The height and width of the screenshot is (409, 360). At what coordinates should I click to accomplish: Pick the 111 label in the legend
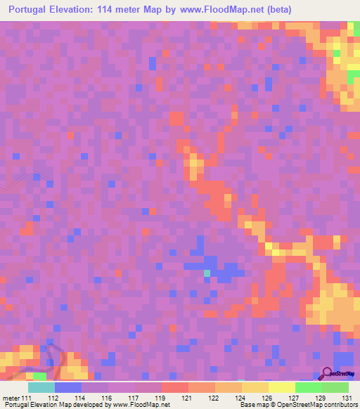[x=27, y=398]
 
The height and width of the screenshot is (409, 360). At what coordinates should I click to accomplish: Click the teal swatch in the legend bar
[x=41, y=387]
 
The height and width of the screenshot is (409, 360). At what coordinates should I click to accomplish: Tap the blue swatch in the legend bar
[x=67, y=387]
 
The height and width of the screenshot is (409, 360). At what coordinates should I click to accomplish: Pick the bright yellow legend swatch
[x=281, y=387]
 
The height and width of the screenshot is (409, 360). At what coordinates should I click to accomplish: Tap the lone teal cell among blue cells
[x=206, y=273]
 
